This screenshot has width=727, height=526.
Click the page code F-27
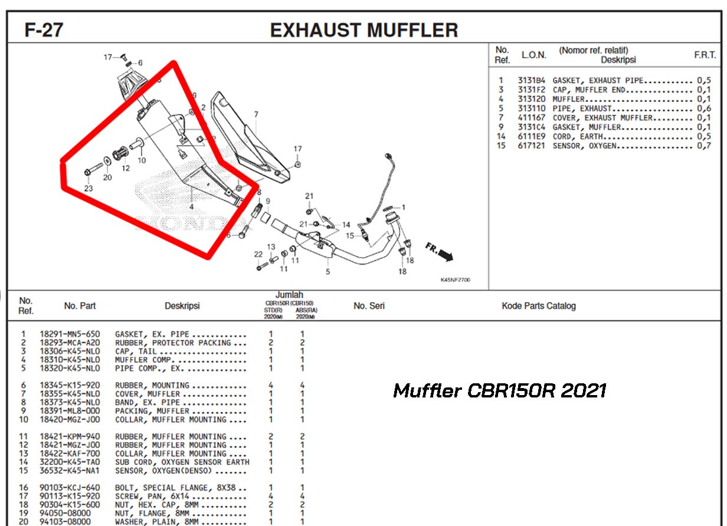[44, 30]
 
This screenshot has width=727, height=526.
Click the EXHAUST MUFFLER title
[364, 30]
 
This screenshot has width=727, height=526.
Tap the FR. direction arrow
[440, 252]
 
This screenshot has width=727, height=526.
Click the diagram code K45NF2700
[455, 280]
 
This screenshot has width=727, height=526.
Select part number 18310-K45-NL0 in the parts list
[70, 360]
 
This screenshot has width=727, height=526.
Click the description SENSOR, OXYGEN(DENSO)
[163, 471]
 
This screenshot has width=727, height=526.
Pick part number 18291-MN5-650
[70, 334]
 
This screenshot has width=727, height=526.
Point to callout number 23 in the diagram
[89, 189]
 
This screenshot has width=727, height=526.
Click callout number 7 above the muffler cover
[256, 114]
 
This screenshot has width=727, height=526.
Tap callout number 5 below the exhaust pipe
[328, 271]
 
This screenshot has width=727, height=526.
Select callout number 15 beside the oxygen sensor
[350, 236]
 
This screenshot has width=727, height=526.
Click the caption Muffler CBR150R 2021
[499, 390]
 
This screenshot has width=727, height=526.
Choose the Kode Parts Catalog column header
[539, 306]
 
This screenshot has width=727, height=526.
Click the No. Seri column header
[369, 306]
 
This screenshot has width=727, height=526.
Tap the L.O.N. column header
[534, 55]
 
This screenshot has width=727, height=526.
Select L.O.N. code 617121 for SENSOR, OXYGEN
[531, 146]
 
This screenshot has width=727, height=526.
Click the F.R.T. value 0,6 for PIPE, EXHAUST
[704, 109]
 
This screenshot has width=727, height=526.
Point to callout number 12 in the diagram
[126, 168]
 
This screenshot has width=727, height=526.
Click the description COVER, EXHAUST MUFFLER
[602, 118]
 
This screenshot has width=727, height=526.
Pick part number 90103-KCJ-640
[70, 488]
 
